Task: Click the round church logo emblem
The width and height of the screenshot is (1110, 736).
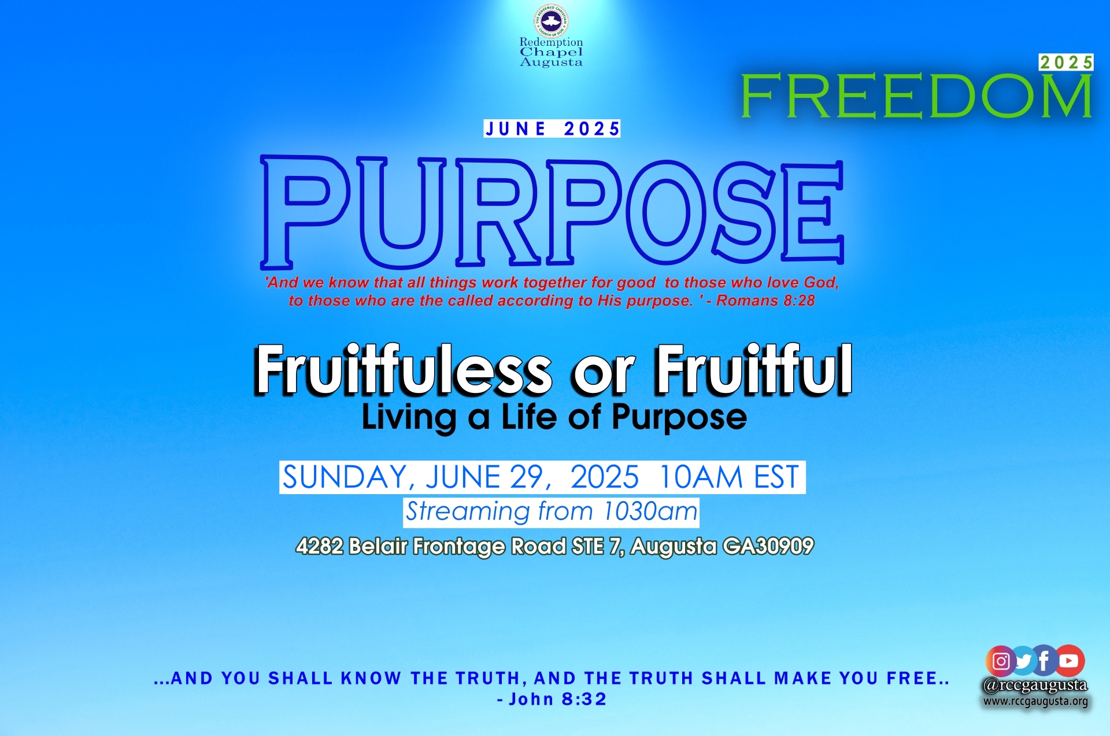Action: pyautogui.click(x=550, y=21)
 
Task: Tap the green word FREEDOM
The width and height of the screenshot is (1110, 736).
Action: pyautogui.click(x=916, y=96)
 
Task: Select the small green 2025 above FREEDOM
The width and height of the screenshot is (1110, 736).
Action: pyautogui.click(x=1066, y=62)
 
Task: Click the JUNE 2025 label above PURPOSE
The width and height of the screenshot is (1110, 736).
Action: pyautogui.click(x=552, y=128)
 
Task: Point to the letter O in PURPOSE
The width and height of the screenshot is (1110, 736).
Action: pyautogui.click(x=666, y=212)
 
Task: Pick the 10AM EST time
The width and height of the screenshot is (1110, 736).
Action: pyautogui.click(x=729, y=477)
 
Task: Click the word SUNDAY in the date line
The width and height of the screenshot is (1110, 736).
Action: pyautogui.click(x=345, y=478)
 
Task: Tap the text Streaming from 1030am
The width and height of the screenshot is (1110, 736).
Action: pyautogui.click(x=552, y=512)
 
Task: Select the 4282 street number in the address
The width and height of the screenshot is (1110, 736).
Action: pyautogui.click(x=320, y=546)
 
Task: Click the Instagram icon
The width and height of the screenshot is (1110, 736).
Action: pyautogui.click(x=1001, y=661)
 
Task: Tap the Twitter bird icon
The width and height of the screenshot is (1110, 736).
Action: pyautogui.click(x=1023, y=661)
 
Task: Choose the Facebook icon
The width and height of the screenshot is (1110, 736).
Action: pyautogui.click(x=1045, y=661)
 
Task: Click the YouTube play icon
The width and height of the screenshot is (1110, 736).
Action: pyautogui.click(x=1070, y=661)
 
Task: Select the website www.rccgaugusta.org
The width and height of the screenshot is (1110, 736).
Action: pyautogui.click(x=1035, y=701)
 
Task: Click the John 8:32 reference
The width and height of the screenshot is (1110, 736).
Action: pyautogui.click(x=552, y=700)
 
